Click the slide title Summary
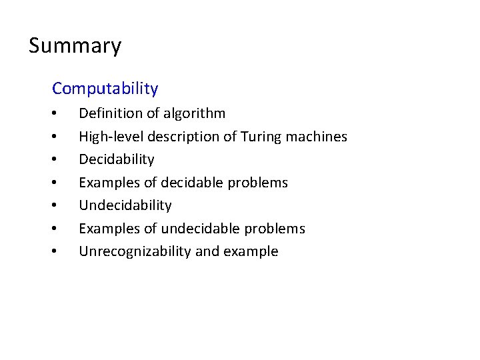pos(75,46)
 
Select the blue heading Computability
pos(105,88)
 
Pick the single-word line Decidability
pos(117,159)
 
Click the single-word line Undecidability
pos(125,205)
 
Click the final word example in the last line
pos(251,251)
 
